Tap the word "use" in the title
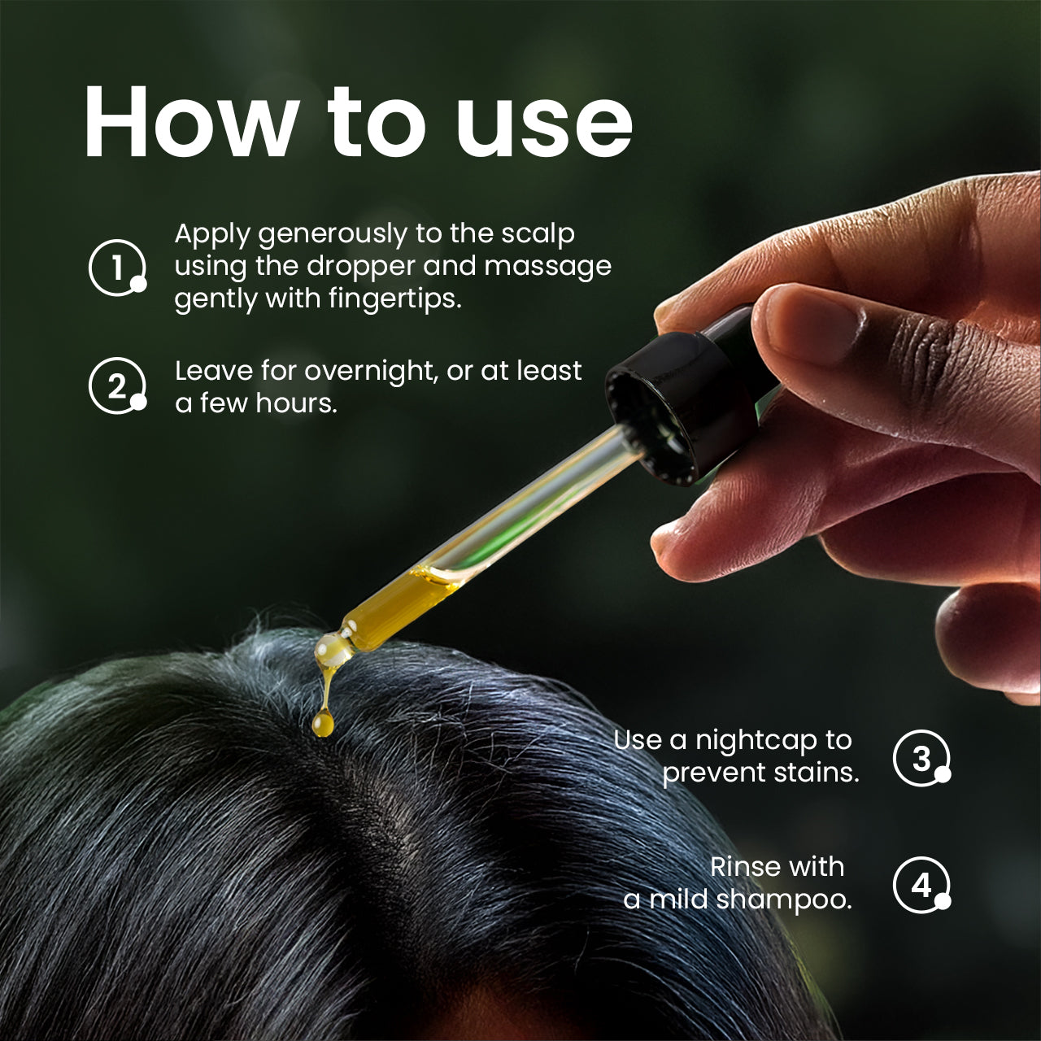pyautogui.click(x=544, y=130)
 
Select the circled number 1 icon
pyautogui.click(x=118, y=268)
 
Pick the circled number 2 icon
pyautogui.click(x=118, y=385)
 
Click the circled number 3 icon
pyautogui.click(x=921, y=758)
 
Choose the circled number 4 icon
pyautogui.click(x=921, y=885)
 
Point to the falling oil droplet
pyautogui.click(x=323, y=723)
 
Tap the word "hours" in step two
pyautogui.click(x=297, y=403)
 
